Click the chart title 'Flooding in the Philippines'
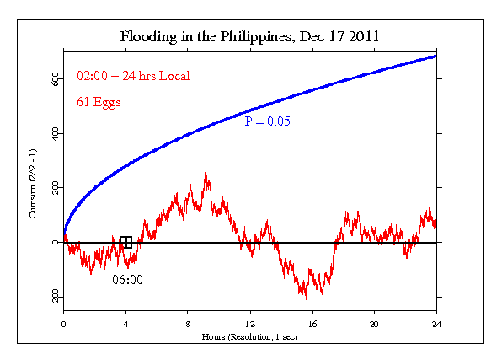(249, 38)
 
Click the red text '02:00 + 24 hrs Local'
(132, 76)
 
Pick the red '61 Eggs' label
(99, 104)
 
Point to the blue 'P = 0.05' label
(267, 122)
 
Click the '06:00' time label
(128, 279)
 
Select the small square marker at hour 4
(125, 242)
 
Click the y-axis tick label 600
(51, 79)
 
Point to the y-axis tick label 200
(51, 188)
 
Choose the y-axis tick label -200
(50, 297)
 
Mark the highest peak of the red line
(206, 170)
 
